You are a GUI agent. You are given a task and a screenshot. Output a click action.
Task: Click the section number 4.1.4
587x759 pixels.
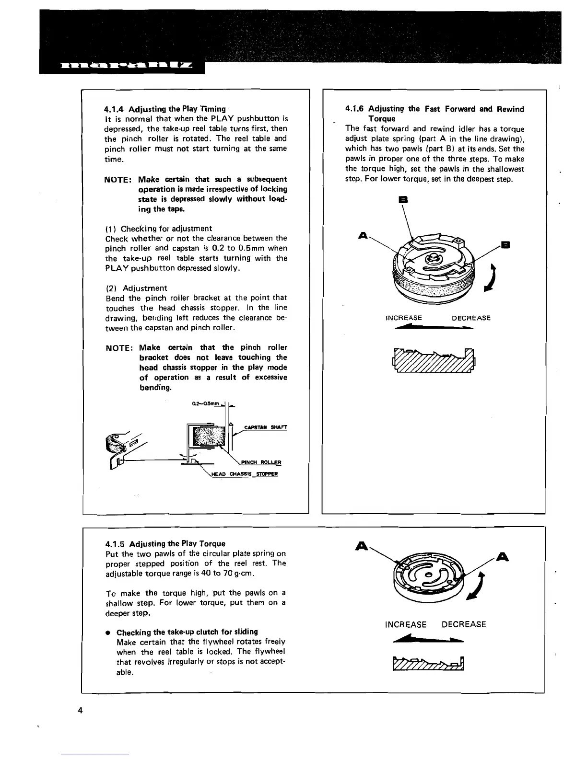coord(114,109)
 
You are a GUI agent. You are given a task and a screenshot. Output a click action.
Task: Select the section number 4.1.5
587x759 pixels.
coord(115,543)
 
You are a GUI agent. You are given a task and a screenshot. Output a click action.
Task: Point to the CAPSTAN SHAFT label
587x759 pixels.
coord(266,427)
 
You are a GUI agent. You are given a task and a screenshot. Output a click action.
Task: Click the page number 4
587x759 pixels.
coord(80,710)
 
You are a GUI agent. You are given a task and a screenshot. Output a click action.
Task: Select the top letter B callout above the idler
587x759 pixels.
coord(403,199)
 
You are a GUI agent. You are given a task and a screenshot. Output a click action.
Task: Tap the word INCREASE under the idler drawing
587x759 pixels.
coord(404,318)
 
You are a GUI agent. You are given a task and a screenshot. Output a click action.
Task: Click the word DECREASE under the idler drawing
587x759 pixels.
coord(471,318)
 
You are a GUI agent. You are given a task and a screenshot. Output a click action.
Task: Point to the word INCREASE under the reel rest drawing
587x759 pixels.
coord(405,624)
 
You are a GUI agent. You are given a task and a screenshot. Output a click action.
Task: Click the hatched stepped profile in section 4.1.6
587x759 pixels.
coord(434,360)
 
